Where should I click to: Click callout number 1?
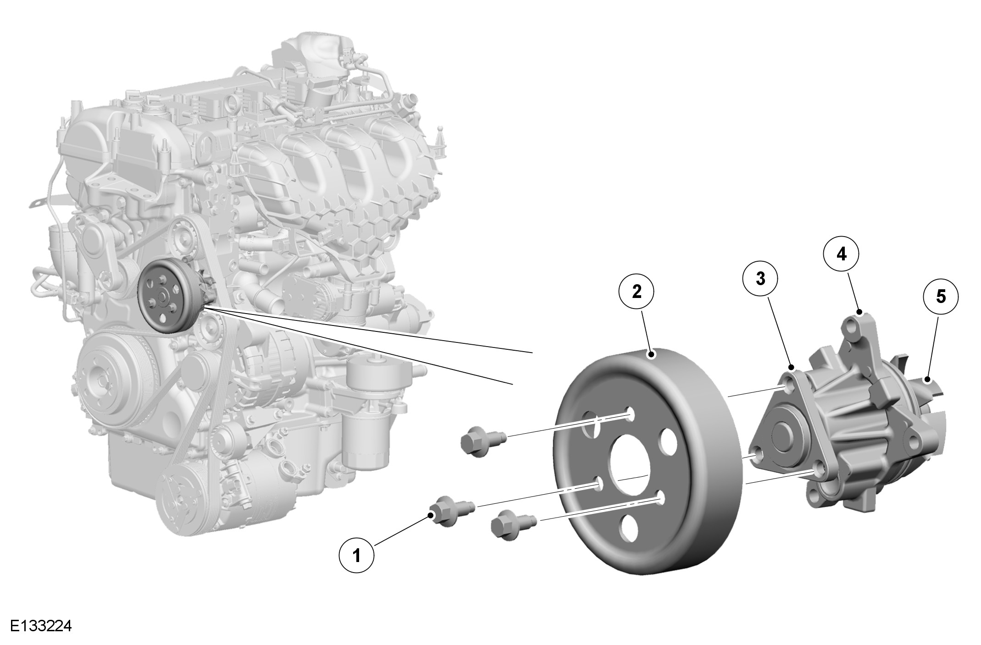pyautogui.click(x=356, y=556)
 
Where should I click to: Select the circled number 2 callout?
pyautogui.click(x=637, y=292)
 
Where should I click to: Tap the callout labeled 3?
pyautogui.click(x=760, y=278)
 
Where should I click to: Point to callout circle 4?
pyautogui.click(x=841, y=254)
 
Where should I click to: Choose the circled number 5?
pyautogui.click(x=941, y=297)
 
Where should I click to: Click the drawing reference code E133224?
pyautogui.click(x=41, y=626)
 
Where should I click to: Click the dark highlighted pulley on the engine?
pyautogui.click(x=166, y=297)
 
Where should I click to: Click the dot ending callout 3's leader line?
pyautogui.click(x=791, y=367)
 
